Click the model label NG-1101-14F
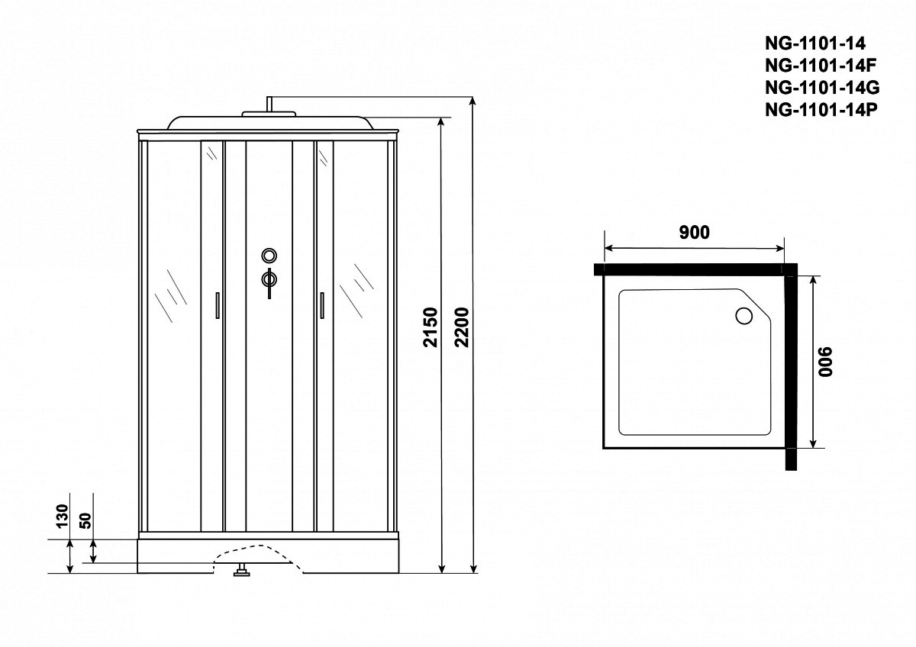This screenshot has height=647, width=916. point(821,66)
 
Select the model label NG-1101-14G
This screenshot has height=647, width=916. point(822,88)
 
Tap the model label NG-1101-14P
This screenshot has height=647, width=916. point(821,110)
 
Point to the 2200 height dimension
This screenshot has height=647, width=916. point(463,327)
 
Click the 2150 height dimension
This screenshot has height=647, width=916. point(431,327)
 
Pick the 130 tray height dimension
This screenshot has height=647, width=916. point(63,516)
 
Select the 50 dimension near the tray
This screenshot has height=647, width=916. point(86,520)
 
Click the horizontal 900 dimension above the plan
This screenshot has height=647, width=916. point(694,233)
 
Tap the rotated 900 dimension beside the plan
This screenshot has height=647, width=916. point(825,362)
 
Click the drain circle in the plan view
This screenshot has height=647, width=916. point(743,316)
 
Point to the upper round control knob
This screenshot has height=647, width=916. point(269,256)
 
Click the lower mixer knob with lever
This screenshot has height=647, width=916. point(269,282)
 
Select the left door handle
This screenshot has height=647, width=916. point(218,305)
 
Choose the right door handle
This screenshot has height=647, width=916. point(322,305)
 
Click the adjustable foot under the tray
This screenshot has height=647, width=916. point(242,570)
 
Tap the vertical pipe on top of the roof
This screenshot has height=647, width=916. point(269,104)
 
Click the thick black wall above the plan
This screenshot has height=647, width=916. point(695,269)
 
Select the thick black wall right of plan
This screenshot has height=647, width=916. point(792,367)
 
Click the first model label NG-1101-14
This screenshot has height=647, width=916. point(815,43)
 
